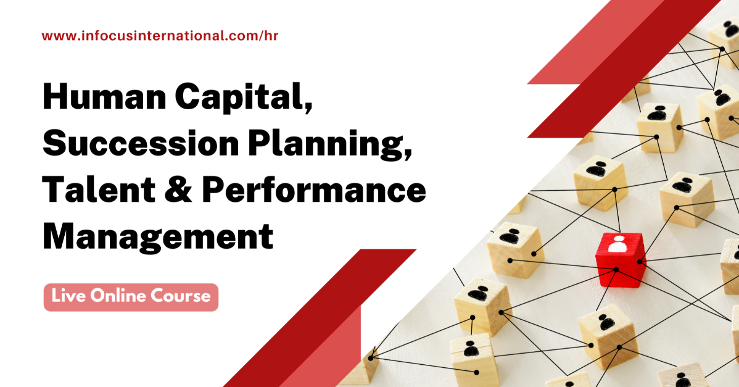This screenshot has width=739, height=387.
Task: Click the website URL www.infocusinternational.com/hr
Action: pyautogui.click(x=160, y=36)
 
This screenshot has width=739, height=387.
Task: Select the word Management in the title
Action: pyautogui.click(x=158, y=236)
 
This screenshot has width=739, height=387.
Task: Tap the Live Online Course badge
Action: pyautogui.click(x=131, y=297)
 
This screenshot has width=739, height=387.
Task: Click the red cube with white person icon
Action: pyautogui.click(x=619, y=259)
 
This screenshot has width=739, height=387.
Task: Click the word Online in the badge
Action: pyautogui.click(x=120, y=296)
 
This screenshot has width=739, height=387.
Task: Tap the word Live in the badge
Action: pyautogui.click(x=68, y=296)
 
